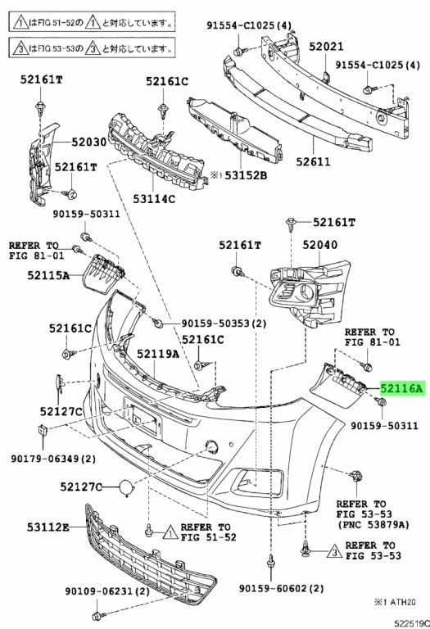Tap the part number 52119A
158,354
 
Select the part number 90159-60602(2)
282,589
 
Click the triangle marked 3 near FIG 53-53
335,554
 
